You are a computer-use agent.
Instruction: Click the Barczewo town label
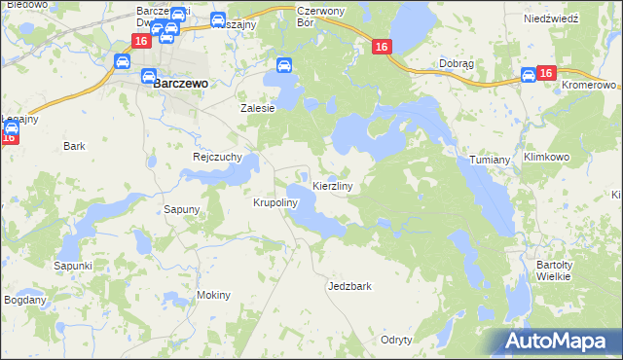pos(180,85)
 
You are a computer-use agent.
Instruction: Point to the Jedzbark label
pos(350,287)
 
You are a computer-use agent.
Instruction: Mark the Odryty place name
pos(396,340)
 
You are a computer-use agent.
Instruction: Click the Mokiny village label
pos(213,295)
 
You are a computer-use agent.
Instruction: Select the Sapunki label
pos(73,266)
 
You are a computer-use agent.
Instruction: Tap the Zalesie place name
pos(259,109)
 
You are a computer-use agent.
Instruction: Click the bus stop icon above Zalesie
pos(283,66)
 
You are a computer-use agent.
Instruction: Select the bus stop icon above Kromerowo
pos(528,74)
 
